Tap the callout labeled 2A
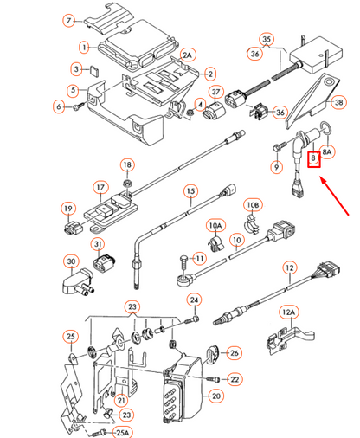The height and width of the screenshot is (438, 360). pyautogui.click(x=187, y=55)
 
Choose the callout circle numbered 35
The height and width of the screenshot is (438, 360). pyautogui.click(x=267, y=40)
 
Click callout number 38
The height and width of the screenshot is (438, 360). pyautogui.click(x=338, y=101)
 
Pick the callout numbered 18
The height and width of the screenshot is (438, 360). pyautogui.click(x=127, y=164)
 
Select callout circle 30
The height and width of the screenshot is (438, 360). pyautogui.click(x=71, y=261)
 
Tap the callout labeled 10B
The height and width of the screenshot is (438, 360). pyautogui.click(x=253, y=205)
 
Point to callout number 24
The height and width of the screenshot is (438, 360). pyautogui.click(x=195, y=300)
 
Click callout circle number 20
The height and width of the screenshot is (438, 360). pyautogui.click(x=216, y=396)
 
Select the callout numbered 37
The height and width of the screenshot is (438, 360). pyautogui.click(x=216, y=93)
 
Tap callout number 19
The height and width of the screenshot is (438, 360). pyautogui.click(x=67, y=208)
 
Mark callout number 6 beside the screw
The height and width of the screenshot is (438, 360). pyautogui.click(x=59, y=107)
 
